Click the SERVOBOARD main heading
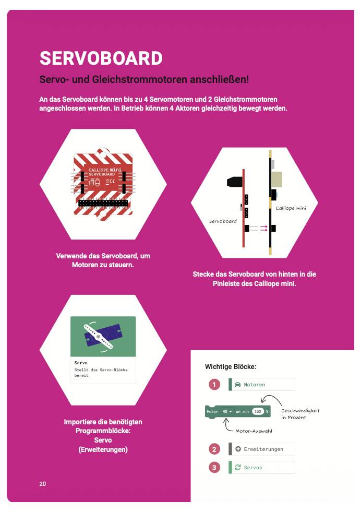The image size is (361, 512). (101, 58)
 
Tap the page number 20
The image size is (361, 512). (43, 484)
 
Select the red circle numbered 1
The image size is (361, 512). (214, 384)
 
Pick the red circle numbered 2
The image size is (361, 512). (214, 449)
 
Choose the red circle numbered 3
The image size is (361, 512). (214, 467)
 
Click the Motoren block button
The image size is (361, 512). (262, 384)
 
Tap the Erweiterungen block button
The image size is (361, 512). (262, 449)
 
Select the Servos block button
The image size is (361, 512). (262, 467)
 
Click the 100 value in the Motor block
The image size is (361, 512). (258, 411)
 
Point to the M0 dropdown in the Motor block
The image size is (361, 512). (227, 411)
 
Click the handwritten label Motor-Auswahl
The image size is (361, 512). (254, 431)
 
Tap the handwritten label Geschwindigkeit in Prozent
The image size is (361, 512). (300, 414)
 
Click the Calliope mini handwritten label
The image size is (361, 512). (291, 208)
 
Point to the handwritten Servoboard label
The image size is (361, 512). (223, 221)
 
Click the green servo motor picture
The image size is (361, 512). (103, 336)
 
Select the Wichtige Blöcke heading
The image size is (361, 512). (231, 367)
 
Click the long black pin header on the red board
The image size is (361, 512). (103, 203)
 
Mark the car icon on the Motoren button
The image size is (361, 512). (237, 384)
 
